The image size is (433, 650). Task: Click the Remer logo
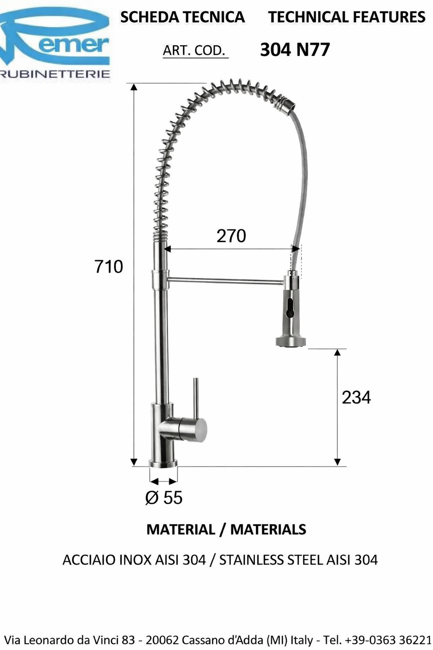(x=55, y=39)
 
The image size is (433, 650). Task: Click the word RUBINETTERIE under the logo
(x=55, y=74)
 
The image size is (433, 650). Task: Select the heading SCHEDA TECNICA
(x=182, y=17)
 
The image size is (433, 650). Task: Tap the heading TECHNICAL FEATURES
(x=347, y=17)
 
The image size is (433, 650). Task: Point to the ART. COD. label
(x=194, y=51)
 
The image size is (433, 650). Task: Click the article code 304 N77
(x=295, y=50)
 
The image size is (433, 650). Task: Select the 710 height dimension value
(x=109, y=266)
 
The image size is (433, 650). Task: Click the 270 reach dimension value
(x=231, y=236)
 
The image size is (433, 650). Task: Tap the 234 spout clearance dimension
(x=356, y=397)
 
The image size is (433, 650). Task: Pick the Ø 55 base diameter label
(x=164, y=497)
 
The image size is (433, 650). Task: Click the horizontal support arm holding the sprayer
(x=226, y=280)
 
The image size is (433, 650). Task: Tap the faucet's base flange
(x=163, y=463)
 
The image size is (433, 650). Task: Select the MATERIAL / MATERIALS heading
(x=226, y=530)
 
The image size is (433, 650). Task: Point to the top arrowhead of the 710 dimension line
(x=134, y=87)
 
